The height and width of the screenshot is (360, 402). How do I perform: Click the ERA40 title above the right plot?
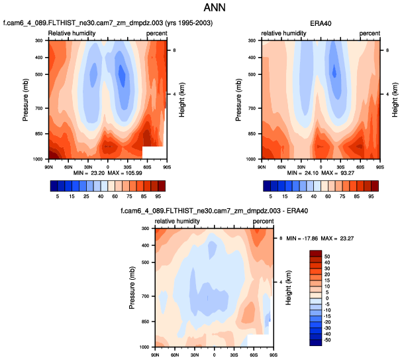coord(321,23)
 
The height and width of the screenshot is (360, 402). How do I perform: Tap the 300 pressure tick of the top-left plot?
coord(39,40)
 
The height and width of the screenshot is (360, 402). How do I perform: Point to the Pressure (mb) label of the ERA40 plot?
coord(239,99)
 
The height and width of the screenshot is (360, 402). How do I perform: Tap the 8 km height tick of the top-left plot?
coord(174,50)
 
